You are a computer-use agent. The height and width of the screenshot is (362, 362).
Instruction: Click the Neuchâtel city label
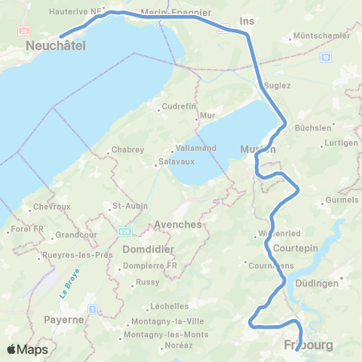pyautogui.click(x=55, y=47)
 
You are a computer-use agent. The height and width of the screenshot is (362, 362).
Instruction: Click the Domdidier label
pyautogui.click(x=147, y=249)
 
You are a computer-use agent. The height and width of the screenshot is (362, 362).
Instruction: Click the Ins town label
pyautogui.click(x=243, y=21)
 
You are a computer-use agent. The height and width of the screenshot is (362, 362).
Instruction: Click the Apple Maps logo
pyautogui.click(x=27, y=348)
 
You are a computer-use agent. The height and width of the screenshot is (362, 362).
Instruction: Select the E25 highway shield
pyautogui.click(x=124, y=231)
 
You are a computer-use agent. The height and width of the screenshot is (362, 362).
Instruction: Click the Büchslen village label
pyautogui.click(x=312, y=127)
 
